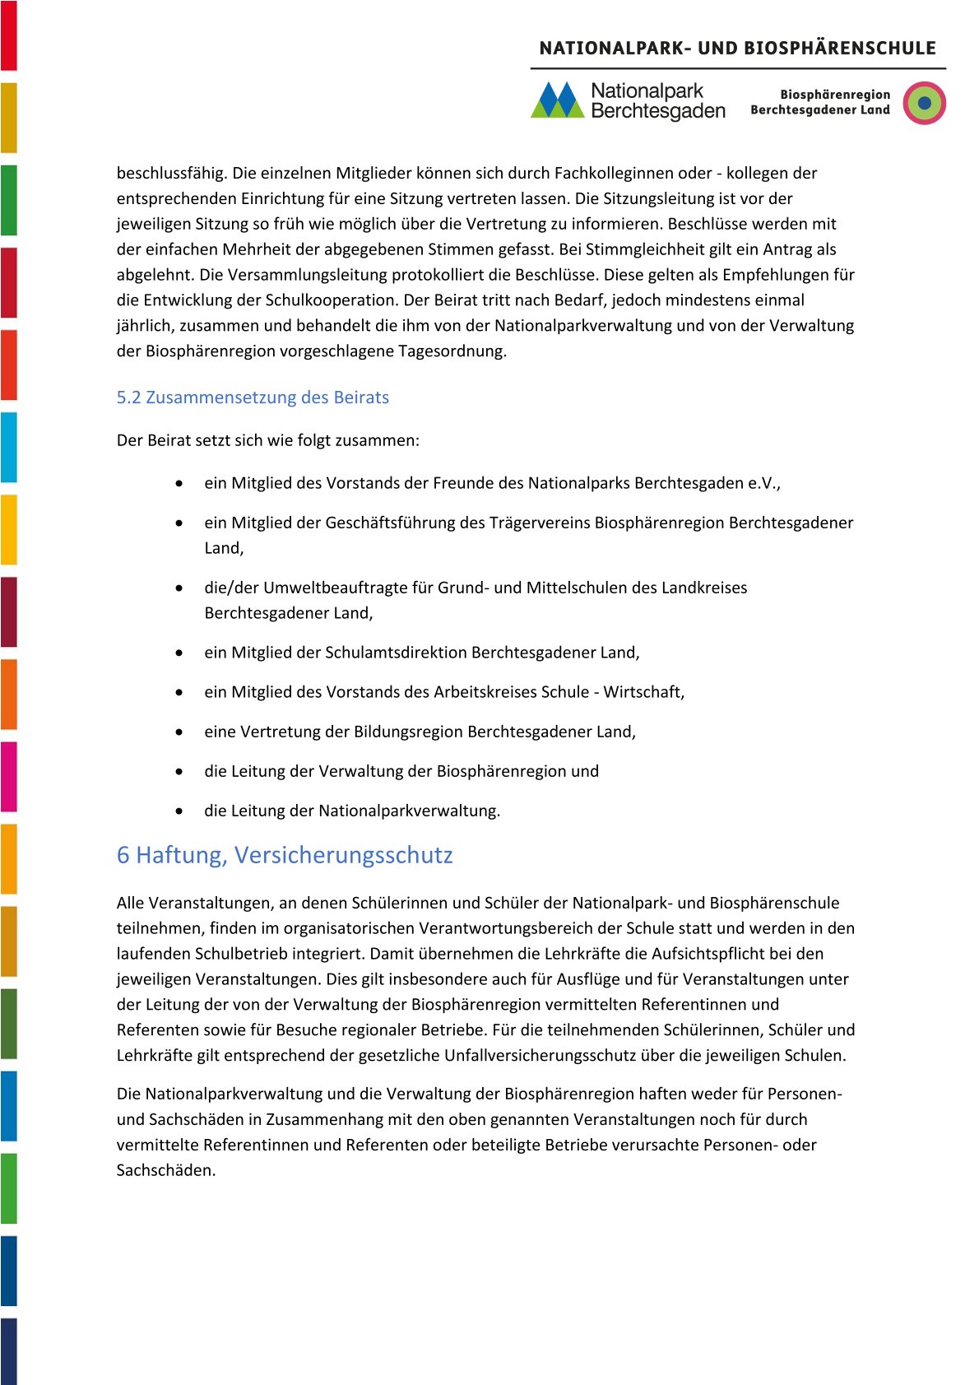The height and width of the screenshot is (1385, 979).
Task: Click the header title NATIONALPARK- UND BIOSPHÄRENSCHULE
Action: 737,48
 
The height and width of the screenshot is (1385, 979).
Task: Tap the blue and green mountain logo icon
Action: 557,100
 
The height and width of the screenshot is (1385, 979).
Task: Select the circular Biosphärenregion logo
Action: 924,103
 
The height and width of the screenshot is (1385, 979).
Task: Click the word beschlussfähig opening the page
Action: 171,173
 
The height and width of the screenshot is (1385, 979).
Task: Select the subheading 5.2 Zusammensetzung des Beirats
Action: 253,397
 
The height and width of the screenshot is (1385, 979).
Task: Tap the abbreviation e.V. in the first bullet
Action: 763,483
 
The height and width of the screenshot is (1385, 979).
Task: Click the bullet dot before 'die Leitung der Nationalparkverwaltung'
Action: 179,811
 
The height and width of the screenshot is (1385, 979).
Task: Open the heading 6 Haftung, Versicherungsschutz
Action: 285,855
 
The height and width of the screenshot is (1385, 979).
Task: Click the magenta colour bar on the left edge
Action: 8,776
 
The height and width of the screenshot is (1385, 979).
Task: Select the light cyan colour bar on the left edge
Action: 8,447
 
